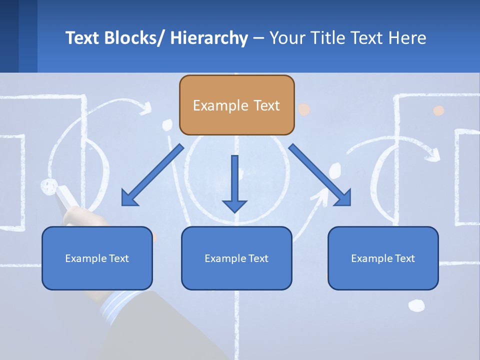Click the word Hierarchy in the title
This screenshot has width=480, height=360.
point(209,38)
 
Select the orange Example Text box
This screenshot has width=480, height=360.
point(236,105)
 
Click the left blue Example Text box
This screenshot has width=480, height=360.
point(97,258)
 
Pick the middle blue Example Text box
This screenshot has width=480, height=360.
point(236,258)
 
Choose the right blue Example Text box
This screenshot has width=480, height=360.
point(383,258)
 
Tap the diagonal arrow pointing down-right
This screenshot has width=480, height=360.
point(320,175)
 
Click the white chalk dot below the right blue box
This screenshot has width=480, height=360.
point(416,305)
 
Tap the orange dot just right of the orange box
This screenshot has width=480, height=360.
point(304,109)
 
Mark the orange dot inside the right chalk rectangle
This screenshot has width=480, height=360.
point(438,110)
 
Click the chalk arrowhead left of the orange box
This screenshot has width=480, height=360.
point(147,106)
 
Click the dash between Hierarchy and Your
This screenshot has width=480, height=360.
point(258,39)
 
